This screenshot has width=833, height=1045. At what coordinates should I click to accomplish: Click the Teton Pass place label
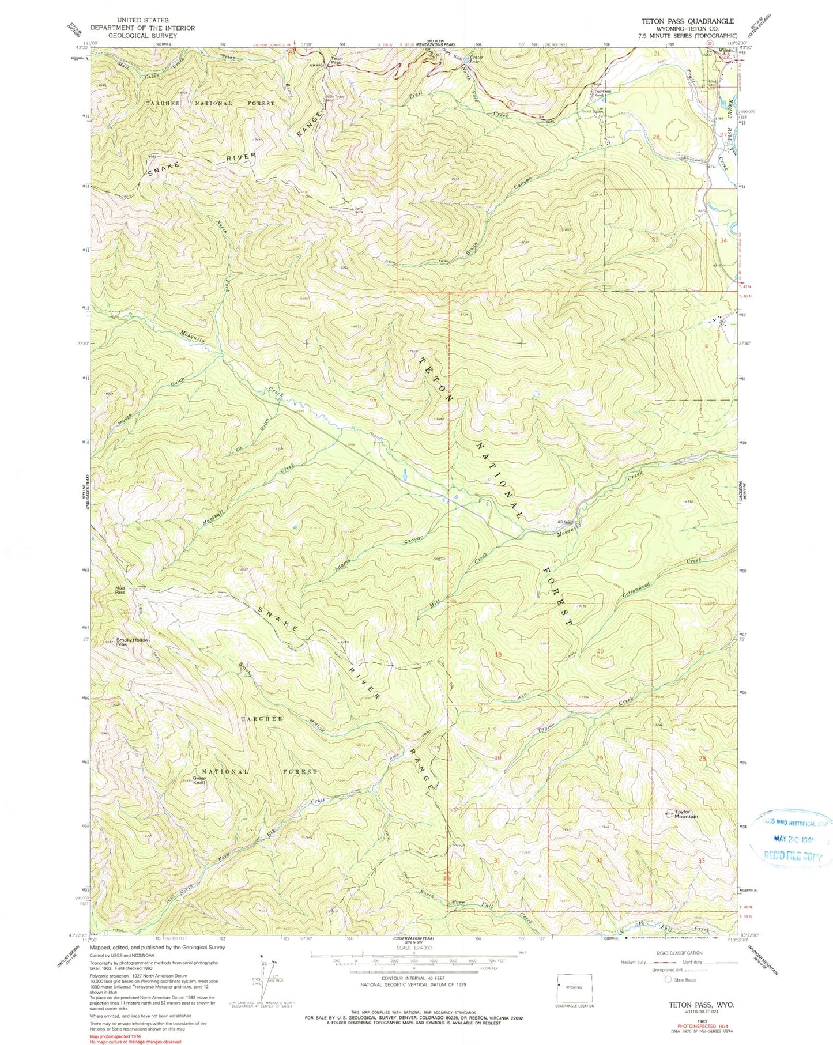coord(337,59)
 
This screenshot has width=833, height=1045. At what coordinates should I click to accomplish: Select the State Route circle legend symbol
coord(668,979)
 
